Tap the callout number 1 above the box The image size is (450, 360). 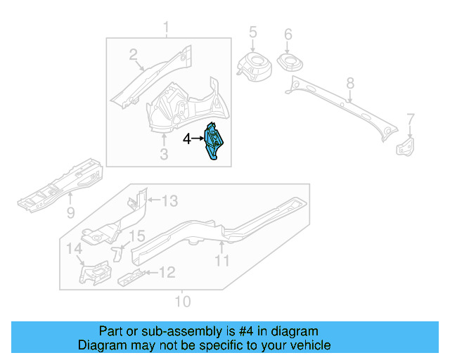coord(167,29)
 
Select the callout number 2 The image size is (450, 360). coord(133,55)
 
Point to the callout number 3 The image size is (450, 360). coord(163,153)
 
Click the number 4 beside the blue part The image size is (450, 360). coord(187,139)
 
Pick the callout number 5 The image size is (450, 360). coord(253,32)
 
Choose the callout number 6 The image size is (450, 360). coord(288,34)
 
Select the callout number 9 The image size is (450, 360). coord(70,212)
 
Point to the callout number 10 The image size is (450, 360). coord(182,303)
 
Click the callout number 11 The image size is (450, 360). coord(222,262)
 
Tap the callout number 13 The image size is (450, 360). coord(170,201)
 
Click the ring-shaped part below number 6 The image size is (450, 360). coord(289,63)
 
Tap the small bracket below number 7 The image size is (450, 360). coord(406,147)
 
